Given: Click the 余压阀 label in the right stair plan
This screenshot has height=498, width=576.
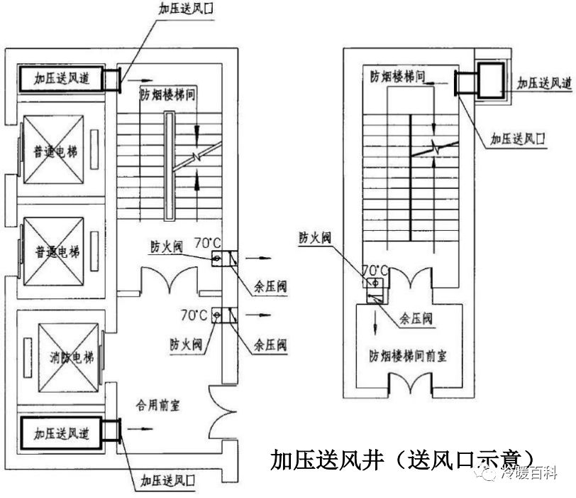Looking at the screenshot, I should point(416,319).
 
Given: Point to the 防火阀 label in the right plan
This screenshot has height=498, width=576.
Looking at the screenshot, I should point(314,237).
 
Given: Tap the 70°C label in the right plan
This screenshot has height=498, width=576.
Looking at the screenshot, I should point(374,270).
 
